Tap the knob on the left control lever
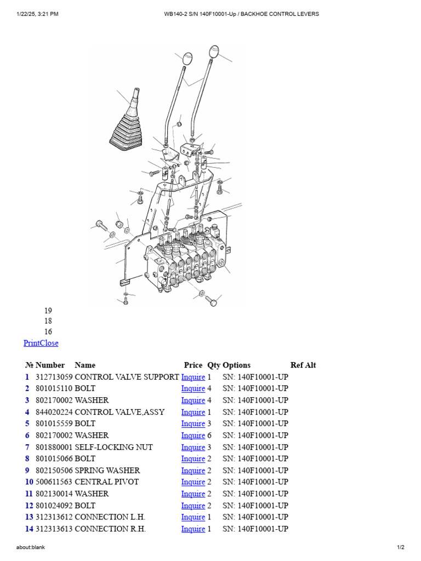click(x=187, y=58)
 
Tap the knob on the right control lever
click(x=214, y=52)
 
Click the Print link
click(x=32, y=343)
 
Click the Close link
click(x=50, y=343)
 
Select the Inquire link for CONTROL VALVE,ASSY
click(x=193, y=412)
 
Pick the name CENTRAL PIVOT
click(x=106, y=482)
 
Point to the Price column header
click(x=193, y=365)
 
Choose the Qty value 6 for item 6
click(x=209, y=436)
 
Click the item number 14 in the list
click(x=29, y=529)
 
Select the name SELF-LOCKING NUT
click(x=113, y=447)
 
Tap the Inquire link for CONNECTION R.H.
click(x=193, y=529)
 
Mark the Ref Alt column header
click(x=303, y=365)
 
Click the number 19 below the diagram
click(x=48, y=311)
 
